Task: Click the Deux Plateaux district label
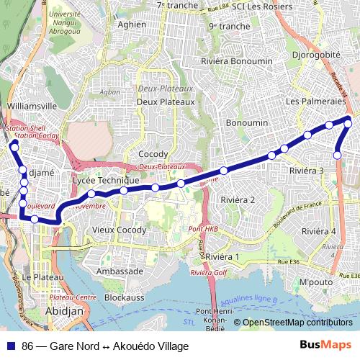pyautogui.click(x=166, y=102)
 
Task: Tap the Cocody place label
pyautogui.click(x=153, y=155)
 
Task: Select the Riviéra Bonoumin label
pyautogui.click(x=234, y=62)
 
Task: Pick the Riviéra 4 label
pyautogui.click(x=318, y=231)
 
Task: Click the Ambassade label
pyautogui.click(x=120, y=271)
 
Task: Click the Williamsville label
pyautogui.click(x=31, y=105)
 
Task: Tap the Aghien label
pyautogui.click(x=131, y=24)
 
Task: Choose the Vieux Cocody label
pyautogui.click(x=120, y=230)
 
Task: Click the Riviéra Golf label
pyautogui.click(x=209, y=274)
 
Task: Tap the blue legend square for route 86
pyautogui.click(x=11, y=346)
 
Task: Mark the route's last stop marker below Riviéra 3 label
pyautogui.click(x=337, y=155)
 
